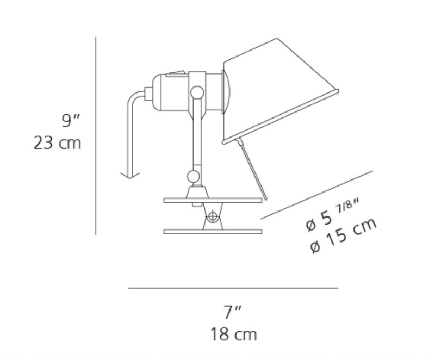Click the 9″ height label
click(x=71, y=120)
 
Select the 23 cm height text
click(x=57, y=143)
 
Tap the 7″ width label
click(x=233, y=312)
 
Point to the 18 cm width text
click(x=234, y=334)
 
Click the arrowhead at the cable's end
click(x=130, y=176)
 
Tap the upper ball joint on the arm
click(x=197, y=92)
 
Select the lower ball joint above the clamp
click(x=194, y=176)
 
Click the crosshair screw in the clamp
click(x=213, y=216)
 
